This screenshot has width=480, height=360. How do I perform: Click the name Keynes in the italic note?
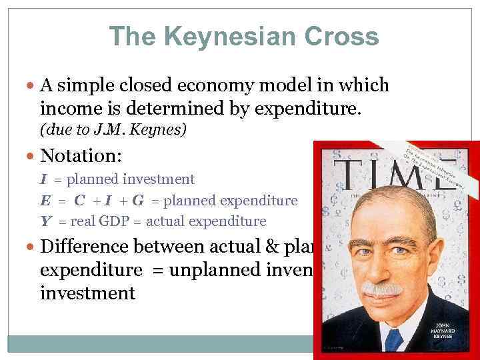click(163, 129)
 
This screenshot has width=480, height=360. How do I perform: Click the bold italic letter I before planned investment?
click(43, 179)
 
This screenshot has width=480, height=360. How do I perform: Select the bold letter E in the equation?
click(44, 200)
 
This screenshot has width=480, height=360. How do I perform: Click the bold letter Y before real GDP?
click(44, 221)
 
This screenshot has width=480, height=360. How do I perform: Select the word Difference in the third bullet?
click(84, 247)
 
